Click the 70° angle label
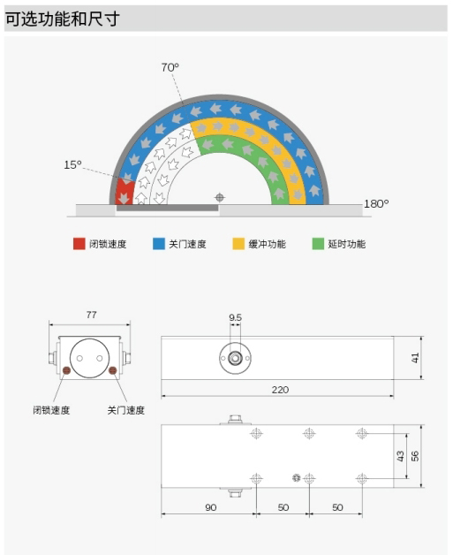[170, 67]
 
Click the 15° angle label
[72, 164]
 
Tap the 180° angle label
[376, 203]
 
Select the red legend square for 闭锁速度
[79, 244]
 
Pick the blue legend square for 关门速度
[159, 244]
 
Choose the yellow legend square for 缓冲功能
[238, 244]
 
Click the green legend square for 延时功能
[318, 244]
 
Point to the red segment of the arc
[125, 192]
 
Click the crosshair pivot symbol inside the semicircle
[220, 197]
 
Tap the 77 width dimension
[91, 315]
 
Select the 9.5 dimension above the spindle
[235, 317]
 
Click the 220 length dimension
[280, 390]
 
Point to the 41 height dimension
[415, 358]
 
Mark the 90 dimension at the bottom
[211, 507]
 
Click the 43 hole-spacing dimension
[400, 456]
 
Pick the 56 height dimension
[415, 456]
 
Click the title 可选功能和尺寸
[63, 19]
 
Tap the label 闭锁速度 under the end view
[51, 410]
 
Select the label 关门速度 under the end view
[126, 410]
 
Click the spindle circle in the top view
[235, 358]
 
